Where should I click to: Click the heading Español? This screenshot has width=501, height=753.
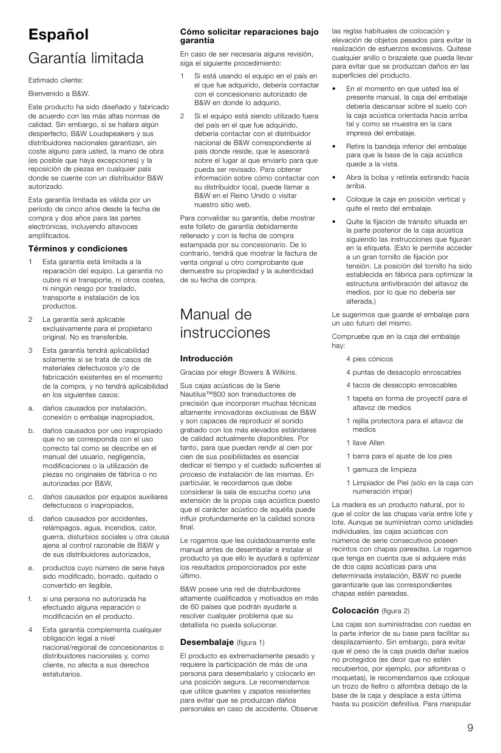pos(58,35)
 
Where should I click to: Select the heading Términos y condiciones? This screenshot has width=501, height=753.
pos(78,248)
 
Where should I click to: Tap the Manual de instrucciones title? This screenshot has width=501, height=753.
pos(224,324)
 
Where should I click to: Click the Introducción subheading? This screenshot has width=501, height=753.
pos(206,358)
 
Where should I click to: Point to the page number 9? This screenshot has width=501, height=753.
pos(470,728)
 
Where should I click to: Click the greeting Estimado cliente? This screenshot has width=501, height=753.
pos(55,80)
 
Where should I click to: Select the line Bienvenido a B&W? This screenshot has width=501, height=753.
pos(58,94)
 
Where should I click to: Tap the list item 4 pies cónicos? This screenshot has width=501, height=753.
pos(369,359)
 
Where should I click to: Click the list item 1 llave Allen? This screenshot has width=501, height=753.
pos(365,443)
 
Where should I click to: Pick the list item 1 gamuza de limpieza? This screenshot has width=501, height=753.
pos(381,469)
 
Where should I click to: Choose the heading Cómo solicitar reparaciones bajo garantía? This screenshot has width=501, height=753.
pos(249,36)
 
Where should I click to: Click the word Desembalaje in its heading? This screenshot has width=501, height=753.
pos(207,641)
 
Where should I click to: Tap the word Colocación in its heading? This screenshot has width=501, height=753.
pos(355,610)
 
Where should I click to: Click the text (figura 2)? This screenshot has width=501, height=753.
pos(396,610)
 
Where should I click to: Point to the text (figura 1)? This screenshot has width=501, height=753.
pos(250,642)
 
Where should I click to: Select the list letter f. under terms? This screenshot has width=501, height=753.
pos(30,598)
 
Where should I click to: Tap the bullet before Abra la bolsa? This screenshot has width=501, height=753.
pos(335,177)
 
